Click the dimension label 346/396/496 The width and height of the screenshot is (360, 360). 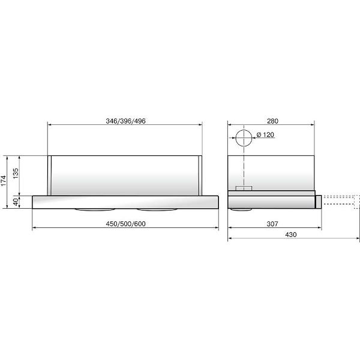pyautogui.click(x=125, y=121)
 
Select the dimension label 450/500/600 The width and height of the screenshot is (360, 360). pyautogui.click(x=125, y=224)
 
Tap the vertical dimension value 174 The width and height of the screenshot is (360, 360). pyautogui.click(x=3, y=181)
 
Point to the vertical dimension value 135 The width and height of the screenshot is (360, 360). pyautogui.click(x=16, y=173)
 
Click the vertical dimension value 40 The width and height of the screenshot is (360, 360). pyautogui.click(x=16, y=202)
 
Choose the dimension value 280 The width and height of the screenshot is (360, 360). pyautogui.click(x=272, y=121)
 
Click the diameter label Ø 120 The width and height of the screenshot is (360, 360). pyautogui.click(x=265, y=134)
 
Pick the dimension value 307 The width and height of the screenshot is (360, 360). pyautogui.click(x=272, y=224)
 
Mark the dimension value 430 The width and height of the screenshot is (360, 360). pyautogui.click(x=291, y=235)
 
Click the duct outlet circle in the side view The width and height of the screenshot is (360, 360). pyautogui.click(x=244, y=130)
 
